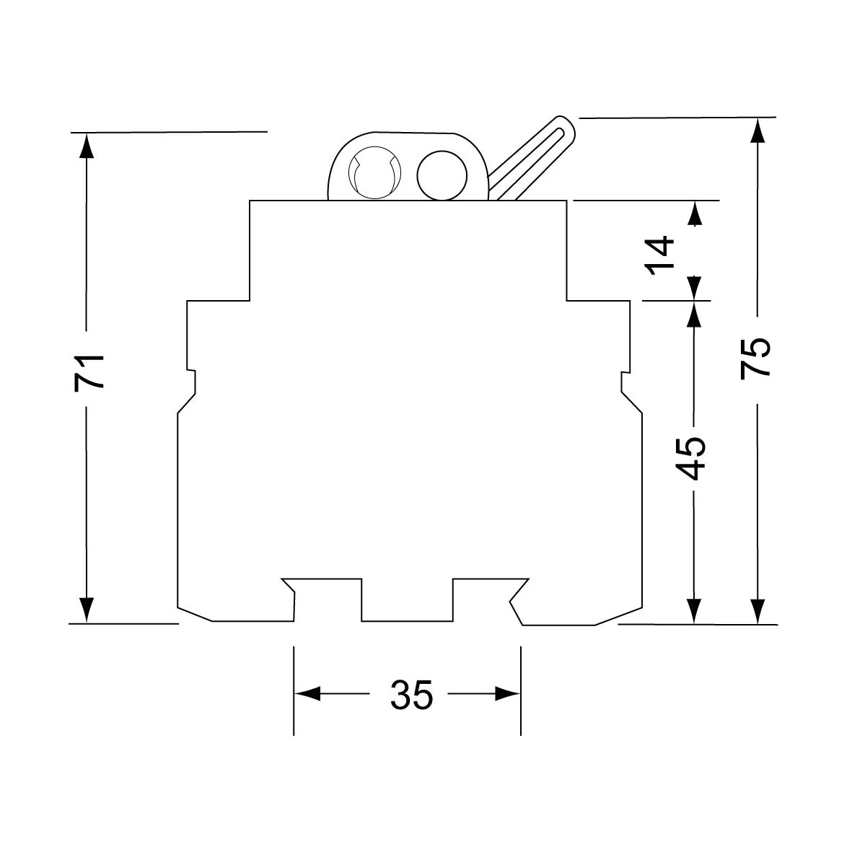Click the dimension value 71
pyautogui.click(x=90, y=372)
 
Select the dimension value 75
pyautogui.click(x=755, y=356)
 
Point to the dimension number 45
pyautogui.click(x=693, y=458)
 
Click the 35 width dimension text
pyautogui.click(x=412, y=695)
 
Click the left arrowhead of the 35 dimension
pyautogui.click(x=306, y=695)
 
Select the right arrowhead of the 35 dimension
pyautogui.click(x=508, y=695)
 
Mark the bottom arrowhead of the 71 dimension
pyautogui.click(x=87, y=610)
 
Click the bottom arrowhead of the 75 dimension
pyautogui.click(x=757, y=610)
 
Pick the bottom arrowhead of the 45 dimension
pyautogui.click(x=693, y=610)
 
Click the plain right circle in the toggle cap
pyautogui.click(x=439, y=175)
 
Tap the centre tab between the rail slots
pyautogui.click(x=407, y=599)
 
